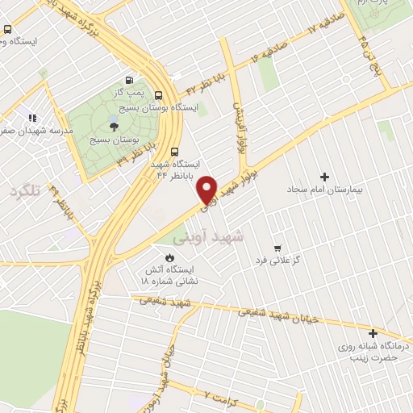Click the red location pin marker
pos(208,189)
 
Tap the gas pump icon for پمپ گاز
pos(129,81)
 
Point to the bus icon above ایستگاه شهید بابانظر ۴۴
pos(175,150)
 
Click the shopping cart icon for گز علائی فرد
pos(277,248)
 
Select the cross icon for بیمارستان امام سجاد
pos(325,177)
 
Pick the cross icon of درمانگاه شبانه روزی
pos(373,333)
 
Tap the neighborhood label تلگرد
pos(24,191)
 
